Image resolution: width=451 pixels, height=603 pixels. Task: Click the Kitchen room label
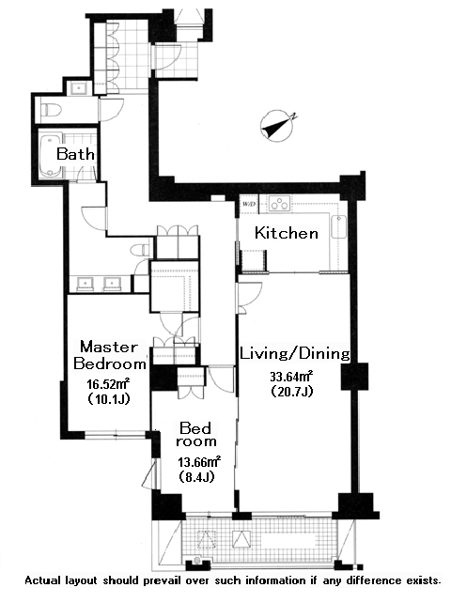[287, 233]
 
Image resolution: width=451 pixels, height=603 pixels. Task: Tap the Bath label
[75, 154]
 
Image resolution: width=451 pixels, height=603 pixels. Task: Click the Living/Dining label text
[295, 353]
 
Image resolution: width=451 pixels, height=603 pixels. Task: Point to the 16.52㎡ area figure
[108, 384]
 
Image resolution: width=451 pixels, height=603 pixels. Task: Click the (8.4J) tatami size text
[195, 477]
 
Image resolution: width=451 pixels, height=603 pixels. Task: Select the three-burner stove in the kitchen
[279, 204]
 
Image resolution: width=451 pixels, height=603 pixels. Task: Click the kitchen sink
[338, 227]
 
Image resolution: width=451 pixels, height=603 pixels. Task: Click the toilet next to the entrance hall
[52, 109]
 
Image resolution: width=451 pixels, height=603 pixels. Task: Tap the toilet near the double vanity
[140, 251]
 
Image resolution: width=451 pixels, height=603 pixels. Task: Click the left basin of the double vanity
[86, 284]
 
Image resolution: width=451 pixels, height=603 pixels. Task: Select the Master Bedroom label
[110, 355]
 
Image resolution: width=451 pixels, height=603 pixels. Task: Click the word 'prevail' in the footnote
[162, 580]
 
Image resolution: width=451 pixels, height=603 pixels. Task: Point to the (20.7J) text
[291, 391]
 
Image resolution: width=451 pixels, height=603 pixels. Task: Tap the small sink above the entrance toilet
[79, 88]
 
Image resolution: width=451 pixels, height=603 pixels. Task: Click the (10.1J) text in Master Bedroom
[108, 399]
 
